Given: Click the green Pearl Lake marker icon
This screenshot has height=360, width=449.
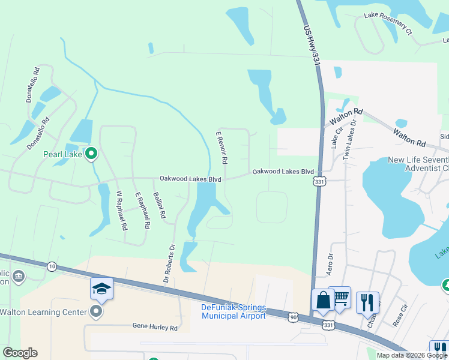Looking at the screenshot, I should tap(91, 154).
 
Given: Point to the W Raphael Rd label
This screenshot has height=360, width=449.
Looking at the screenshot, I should tap(122, 211).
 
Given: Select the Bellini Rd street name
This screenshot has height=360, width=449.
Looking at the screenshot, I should tap(160, 205).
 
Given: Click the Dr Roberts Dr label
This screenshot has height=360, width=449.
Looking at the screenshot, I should tap(169, 263).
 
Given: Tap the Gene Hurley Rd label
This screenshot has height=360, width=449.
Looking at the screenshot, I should tap(155, 328).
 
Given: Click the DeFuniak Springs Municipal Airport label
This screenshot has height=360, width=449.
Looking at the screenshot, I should tap(232, 312).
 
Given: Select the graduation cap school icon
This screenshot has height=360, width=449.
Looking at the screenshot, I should tap(101, 289).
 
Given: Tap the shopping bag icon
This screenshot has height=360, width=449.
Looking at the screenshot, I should tap(323, 300).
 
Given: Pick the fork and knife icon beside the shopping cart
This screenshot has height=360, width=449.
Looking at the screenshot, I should tap(367, 302).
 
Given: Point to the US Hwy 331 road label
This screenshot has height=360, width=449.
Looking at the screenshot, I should tap(310, 46).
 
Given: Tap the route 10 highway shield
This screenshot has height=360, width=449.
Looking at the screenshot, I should tap(52, 266).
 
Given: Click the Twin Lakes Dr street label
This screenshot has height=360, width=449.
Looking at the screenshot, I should tap(349, 140).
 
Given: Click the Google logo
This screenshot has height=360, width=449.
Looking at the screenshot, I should tap(20, 353).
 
